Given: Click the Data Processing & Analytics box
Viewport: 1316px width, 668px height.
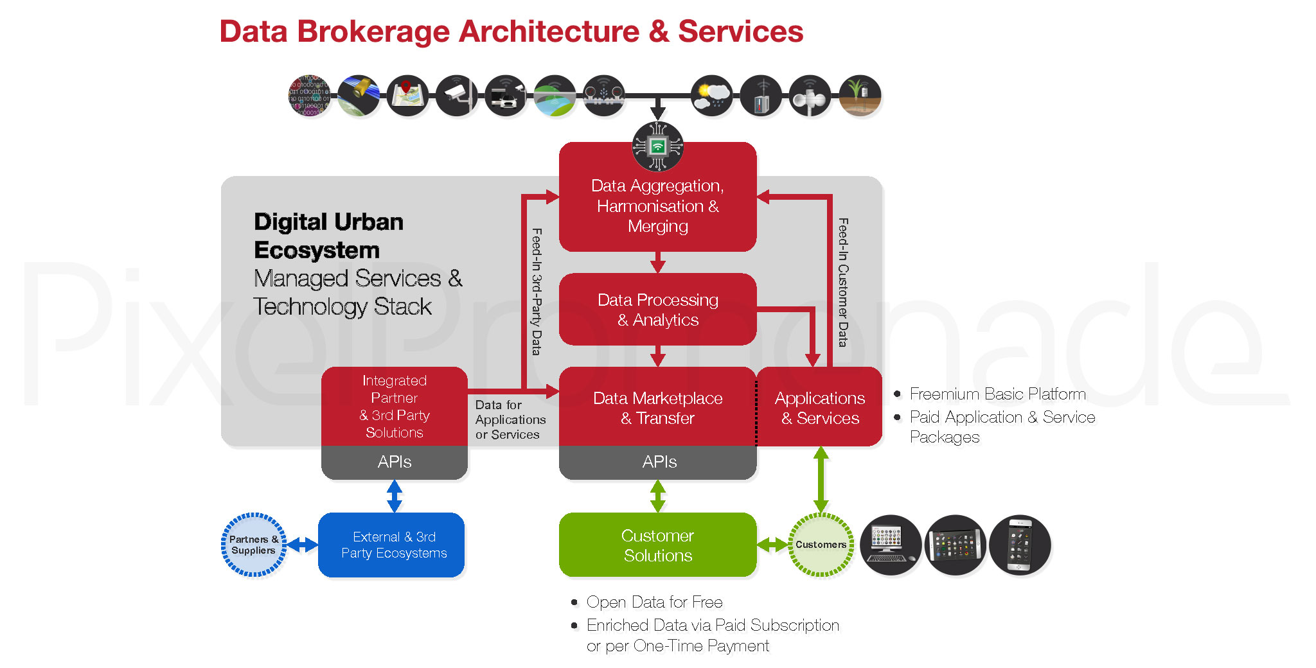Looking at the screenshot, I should pyautogui.click(x=657, y=309).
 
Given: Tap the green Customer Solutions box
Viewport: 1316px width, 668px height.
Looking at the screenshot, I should pyautogui.click(x=657, y=545).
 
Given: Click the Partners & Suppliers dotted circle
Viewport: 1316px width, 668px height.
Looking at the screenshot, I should pyautogui.click(x=254, y=545).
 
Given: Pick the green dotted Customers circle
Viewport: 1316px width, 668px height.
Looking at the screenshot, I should pyautogui.click(x=821, y=545).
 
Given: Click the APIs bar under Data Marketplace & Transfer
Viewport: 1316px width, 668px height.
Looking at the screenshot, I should pyautogui.click(x=657, y=462).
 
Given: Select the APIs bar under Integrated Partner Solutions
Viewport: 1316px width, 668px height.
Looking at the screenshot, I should pyautogui.click(x=394, y=462).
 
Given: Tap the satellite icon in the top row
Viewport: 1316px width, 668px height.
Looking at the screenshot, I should pyautogui.click(x=359, y=95).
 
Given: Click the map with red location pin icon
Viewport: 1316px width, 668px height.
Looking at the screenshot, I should pyautogui.click(x=407, y=95).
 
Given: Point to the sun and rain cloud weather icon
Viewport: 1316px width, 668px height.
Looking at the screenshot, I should pyautogui.click(x=712, y=95).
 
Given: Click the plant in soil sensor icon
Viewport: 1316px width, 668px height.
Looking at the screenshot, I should pyautogui.click(x=860, y=95).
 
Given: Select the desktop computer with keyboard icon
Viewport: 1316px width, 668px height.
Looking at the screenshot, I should pyautogui.click(x=890, y=545).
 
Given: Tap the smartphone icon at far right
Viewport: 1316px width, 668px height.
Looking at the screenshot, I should pyautogui.click(x=1020, y=545).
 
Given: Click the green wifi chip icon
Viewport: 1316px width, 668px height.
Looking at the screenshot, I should pyautogui.click(x=657, y=146).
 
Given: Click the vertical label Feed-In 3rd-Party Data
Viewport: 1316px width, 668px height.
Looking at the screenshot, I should pyautogui.click(x=537, y=292).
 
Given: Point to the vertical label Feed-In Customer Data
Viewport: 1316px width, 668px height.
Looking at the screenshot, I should pyautogui.click(x=843, y=283).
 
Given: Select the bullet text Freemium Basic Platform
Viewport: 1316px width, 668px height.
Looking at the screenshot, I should pyautogui.click(x=997, y=394).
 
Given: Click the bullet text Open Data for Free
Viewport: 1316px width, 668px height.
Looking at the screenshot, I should pyautogui.click(x=654, y=602).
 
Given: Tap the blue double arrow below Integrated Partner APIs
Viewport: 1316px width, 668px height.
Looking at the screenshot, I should pyautogui.click(x=395, y=496).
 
